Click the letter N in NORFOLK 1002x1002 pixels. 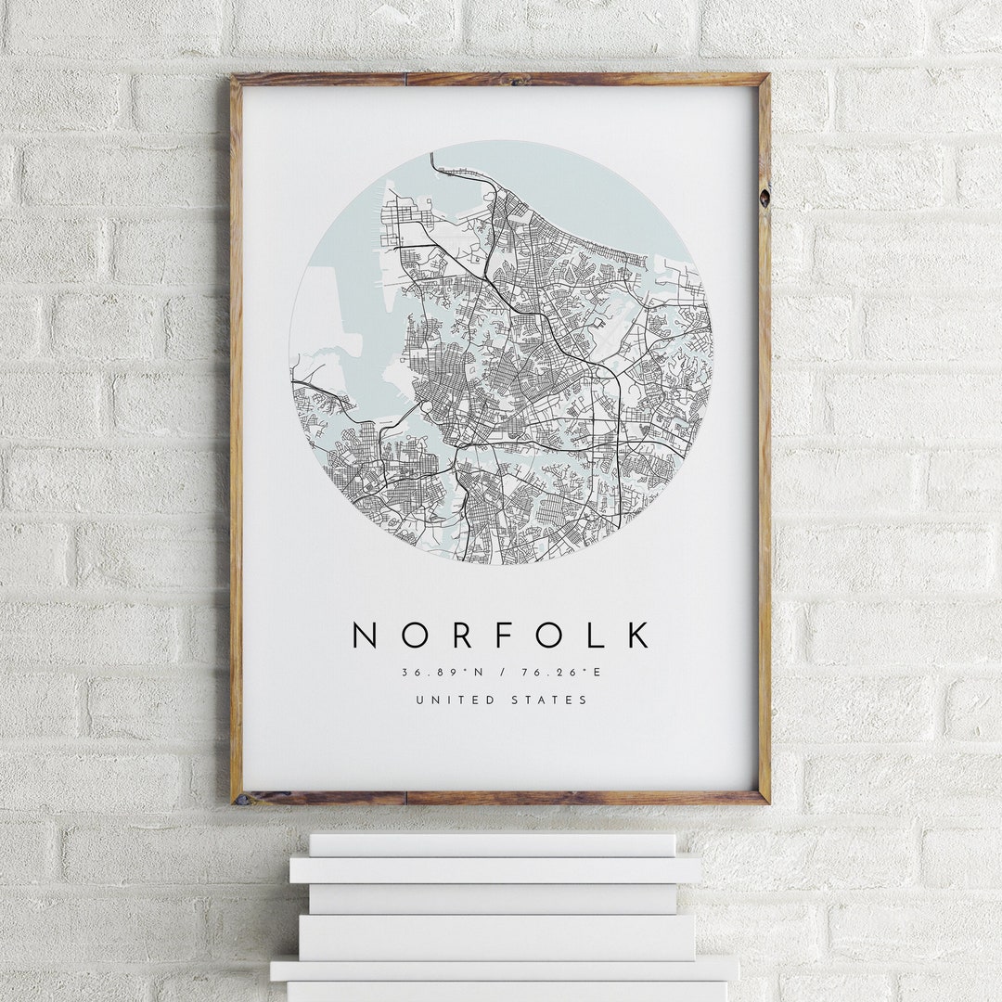point(365,636)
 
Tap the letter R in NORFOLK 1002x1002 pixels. point(459,636)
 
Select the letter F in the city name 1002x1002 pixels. point(505,636)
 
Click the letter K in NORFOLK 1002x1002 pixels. point(638,636)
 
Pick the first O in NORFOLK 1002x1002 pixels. point(411,636)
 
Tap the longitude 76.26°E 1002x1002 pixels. point(565,673)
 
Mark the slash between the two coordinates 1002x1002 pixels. point(501,673)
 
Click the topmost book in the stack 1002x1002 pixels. point(492,844)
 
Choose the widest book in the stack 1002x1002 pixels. point(504,969)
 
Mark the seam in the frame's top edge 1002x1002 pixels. point(405,79)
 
